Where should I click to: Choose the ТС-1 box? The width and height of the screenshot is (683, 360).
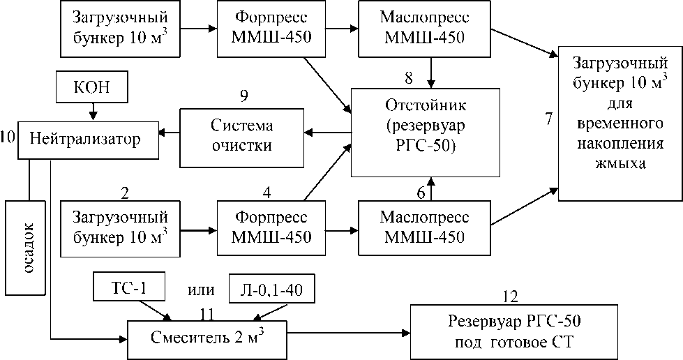tap(130, 287)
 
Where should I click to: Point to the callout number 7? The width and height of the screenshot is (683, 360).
tap(548, 118)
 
